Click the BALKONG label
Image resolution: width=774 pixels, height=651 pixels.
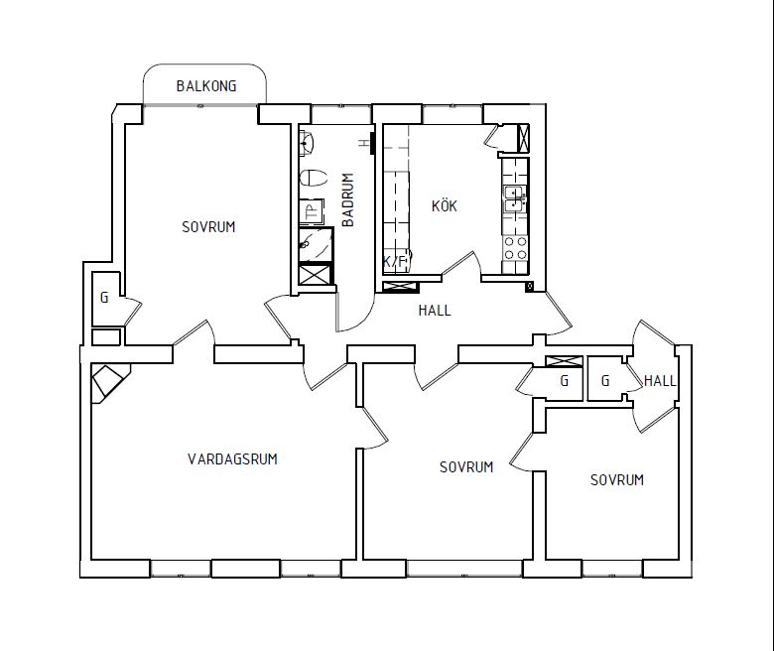[x=206, y=86]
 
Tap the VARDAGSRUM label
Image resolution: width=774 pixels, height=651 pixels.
[x=232, y=459]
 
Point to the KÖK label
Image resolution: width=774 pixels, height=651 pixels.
[x=445, y=205]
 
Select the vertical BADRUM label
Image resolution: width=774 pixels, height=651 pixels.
[x=348, y=199]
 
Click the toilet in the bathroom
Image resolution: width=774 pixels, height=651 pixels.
[x=314, y=179]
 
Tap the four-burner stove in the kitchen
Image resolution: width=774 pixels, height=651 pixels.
[x=515, y=248]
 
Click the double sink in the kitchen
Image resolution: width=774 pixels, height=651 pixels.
[x=515, y=198]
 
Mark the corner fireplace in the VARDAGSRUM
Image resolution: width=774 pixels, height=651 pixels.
[x=109, y=383]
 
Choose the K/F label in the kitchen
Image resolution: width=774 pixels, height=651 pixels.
[x=394, y=262]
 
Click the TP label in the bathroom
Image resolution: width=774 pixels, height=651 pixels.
[x=312, y=212]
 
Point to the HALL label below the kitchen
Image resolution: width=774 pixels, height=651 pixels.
[x=435, y=311]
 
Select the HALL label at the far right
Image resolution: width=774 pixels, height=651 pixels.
[x=660, y=380]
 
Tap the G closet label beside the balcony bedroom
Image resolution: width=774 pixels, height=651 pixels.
[x=104, y=298]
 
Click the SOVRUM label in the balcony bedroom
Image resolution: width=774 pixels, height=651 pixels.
[x=208, y=227]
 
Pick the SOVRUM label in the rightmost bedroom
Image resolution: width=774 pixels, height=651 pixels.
[x=617, y=479]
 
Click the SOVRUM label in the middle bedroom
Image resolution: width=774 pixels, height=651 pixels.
[x=466, y=466]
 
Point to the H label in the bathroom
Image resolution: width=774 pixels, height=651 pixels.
[x=364, y=143]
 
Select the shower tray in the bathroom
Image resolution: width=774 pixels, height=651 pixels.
[x=316, y=244]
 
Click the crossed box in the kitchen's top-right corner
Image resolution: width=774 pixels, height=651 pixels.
[x=522, y=138]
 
